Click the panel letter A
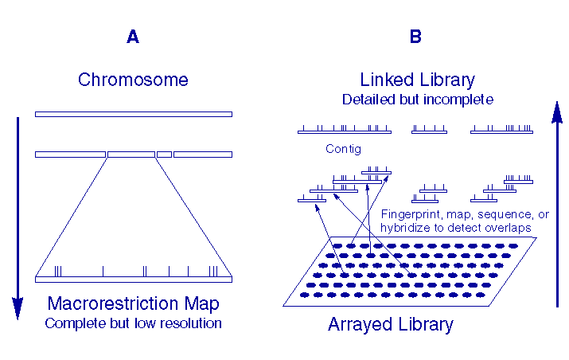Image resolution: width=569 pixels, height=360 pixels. pyautogui.click(x=133, y=37)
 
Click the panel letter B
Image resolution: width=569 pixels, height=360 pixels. pyautogui.click(x=415, y=37)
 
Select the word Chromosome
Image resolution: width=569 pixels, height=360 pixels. pyautogui.click(x=133, y=80)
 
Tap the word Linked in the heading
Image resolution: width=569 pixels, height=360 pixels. pyautogui.click(x=388, y=80)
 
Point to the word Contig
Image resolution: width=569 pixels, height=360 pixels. pyautogui.click(x=344, y=149)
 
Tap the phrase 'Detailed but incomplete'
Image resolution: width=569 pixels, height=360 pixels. pyautogui.click(x=418, y=100)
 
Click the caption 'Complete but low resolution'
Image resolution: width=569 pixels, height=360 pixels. pyautogui.click(x=133, y=323)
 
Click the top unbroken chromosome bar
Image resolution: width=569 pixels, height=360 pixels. pyautogui.click(x=133, y=114)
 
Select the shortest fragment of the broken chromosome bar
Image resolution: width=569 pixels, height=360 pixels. pyautogui.click(x=164, y=154)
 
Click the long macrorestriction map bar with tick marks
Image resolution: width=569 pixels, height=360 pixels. pyautogui.click(x=133, y=280)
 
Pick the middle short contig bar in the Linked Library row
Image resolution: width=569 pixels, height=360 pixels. pyautogui.click(x=429, y=131)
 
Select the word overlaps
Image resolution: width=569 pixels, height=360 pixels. pyautogui.click(x=509, y=228)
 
